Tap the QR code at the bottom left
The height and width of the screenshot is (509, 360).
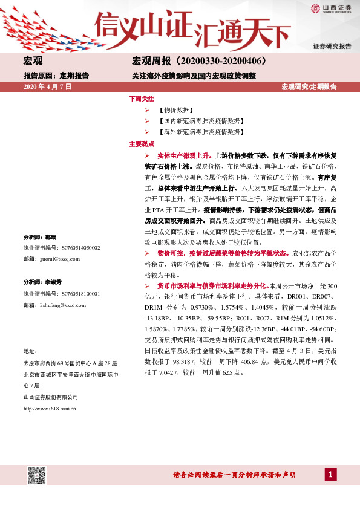pyautogui.click(x=38, y=475)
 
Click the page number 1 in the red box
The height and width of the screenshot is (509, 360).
pyautogui.click(x=330, y=475)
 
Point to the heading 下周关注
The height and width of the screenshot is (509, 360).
pyautogui.click(x=142, y=98)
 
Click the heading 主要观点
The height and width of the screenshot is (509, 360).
pyautogui.click(x=142, y=144)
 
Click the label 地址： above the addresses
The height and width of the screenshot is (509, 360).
pyautogui.click(x=30, y=351)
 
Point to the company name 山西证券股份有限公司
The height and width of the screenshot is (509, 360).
pyautogui.click(x=51, y=397)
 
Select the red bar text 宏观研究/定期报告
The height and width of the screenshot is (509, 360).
pyautogui.click(x=309, y=87)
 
